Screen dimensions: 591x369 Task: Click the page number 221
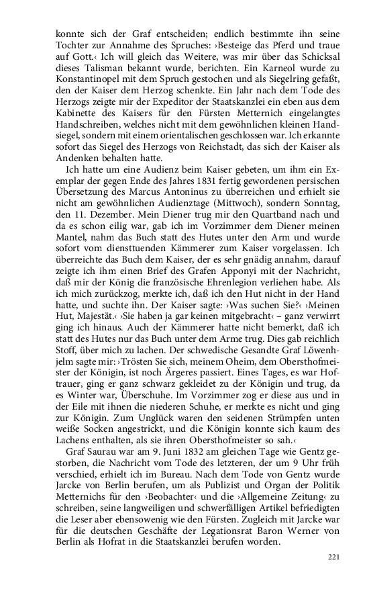[x=335, y=557]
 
